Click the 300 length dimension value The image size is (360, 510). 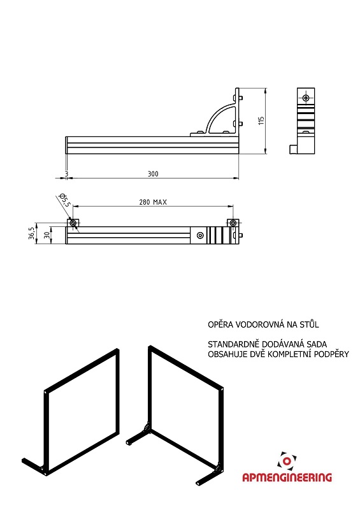[153, 173]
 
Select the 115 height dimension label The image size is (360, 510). [261, 120]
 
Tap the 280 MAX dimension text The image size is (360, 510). [153, 202]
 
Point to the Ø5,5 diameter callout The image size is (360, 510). [65, 200]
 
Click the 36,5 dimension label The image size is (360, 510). [31, 233]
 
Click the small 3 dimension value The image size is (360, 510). [67, 174]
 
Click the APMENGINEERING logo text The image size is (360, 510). [287, 477]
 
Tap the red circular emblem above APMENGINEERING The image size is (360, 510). [287, 460]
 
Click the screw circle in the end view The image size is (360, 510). [306, 98]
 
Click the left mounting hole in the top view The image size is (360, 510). [73, 222]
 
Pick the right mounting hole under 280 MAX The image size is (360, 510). [233, 222]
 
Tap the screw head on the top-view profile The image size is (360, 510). [200, 235]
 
